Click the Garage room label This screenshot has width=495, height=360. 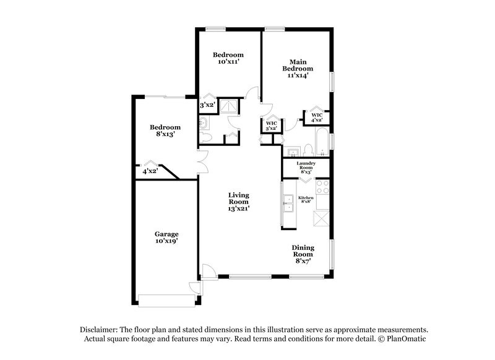(x=166, y=238)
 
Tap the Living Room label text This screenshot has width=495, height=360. (x=238, y=202)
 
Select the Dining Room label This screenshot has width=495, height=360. (x=303, y=254)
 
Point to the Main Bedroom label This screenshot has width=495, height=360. (x=297, y=69)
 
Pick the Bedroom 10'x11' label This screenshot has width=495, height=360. (x=228, y=58)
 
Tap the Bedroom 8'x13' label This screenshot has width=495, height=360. (x=165, y=131)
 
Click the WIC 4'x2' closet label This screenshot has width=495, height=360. (x=317, y=118)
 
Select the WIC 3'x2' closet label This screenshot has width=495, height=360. (x=272, y=126)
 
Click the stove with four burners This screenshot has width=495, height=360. (x=323, y=186)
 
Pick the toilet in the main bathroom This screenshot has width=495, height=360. (x=307, y=150)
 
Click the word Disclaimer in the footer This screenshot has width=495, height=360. (x=100, y=330)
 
